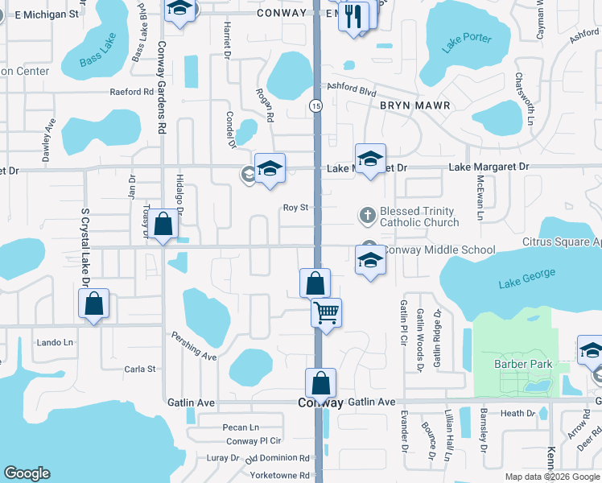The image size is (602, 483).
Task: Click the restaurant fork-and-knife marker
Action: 353,17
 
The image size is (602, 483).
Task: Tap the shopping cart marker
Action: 326,312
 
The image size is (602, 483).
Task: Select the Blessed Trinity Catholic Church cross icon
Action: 367,215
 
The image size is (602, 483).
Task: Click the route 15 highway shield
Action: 315,105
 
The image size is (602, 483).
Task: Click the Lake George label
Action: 526,279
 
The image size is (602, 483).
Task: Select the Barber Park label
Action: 523,364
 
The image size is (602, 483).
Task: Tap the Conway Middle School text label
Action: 439,250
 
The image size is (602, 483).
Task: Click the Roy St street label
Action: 295,208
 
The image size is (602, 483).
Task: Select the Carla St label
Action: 139,369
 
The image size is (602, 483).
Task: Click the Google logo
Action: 27,473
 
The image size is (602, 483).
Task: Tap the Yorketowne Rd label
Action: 279,475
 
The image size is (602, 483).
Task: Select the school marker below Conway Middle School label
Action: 370,261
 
